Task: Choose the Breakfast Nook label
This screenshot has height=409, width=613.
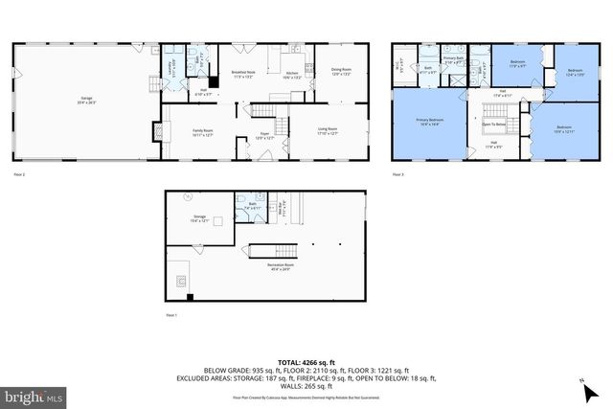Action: coord(242,73)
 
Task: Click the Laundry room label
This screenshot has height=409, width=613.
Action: coord(172,67)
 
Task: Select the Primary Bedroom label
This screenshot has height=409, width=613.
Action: coord(428,122)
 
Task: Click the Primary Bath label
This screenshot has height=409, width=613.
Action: coord(453,60)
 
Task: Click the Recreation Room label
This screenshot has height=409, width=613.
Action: coord(280,266)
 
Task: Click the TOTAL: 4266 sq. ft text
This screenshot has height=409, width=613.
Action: coord(306,361)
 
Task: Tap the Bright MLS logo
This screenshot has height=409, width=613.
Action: coord(34,394)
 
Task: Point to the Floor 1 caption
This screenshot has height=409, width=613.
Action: coord(172,314)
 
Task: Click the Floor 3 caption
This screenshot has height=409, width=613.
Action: coord(397,175)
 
